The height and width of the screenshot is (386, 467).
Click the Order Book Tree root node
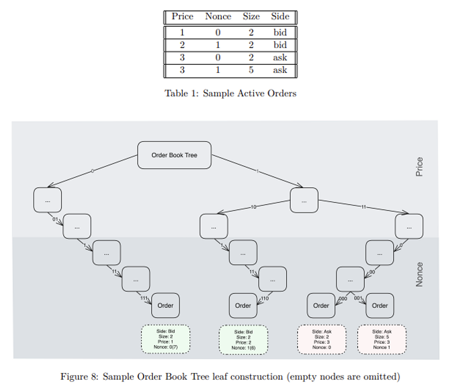[174, 155]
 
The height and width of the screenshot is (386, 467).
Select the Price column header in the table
[182, 17]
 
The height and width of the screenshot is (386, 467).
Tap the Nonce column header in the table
[218, 17]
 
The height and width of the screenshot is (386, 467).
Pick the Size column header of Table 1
[251, 17]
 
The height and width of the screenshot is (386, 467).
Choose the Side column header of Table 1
[280, 17]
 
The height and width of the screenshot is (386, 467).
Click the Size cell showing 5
[251, 70]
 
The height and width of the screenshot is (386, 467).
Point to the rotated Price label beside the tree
[419, 167]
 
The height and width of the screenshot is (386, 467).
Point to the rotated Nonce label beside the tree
[419, 274]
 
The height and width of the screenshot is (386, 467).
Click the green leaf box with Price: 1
[165, 339]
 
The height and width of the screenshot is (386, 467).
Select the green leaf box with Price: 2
[244, 339]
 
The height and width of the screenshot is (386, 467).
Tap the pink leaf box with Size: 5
[382, 339]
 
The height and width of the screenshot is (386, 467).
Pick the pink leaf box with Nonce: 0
[321, 339]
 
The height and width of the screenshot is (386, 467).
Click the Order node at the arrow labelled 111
[165, 305]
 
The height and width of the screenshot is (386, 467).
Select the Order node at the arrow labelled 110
[243, 305]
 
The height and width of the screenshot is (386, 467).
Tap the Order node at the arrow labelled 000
[321, 305]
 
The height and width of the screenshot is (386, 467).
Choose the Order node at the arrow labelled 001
[380, 305]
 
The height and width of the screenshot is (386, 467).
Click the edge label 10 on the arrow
[254, 207]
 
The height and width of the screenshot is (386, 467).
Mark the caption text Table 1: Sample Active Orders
[230, 93]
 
